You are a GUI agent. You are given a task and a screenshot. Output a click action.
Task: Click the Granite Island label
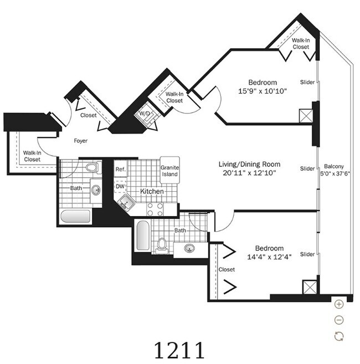coord(170,171)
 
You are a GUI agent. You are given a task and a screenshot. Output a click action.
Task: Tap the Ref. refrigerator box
coord(121,169)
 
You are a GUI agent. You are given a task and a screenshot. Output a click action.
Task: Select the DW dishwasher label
coord(120,186)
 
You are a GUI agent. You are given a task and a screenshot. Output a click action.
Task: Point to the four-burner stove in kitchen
coord(155,209)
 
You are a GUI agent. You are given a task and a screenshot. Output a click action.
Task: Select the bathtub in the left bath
coord(75,217)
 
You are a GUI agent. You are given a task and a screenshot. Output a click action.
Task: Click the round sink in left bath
coord(96,191)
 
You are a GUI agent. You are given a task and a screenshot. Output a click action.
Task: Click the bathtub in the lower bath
coord(143,235)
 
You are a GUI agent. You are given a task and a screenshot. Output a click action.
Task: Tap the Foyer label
coord(81,141)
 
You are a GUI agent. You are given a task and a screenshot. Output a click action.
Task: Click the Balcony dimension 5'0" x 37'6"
coord(335,173)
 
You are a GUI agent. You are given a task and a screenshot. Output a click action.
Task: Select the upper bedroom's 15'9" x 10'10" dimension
coord(263,91)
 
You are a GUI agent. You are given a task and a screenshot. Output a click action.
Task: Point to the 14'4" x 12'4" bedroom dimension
coord(269,257)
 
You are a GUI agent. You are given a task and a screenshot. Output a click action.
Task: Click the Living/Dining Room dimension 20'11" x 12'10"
coord(249,173)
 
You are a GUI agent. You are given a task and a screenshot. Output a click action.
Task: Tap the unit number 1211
coord(179,350)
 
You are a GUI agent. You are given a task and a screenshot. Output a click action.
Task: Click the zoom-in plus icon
coord(339,304)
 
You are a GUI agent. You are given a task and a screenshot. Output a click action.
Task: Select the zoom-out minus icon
coord(339,320)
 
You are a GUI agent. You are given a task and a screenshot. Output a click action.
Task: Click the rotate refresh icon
coord(339,336)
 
